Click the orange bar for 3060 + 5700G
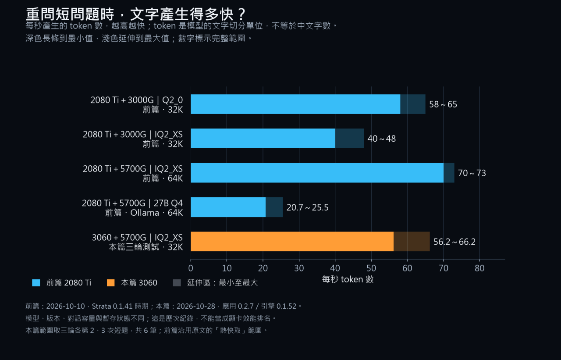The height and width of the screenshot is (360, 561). [292, 242]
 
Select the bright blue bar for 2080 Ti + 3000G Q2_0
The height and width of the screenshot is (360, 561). [295, 104]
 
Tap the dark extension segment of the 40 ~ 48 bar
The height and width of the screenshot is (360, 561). [350, 138]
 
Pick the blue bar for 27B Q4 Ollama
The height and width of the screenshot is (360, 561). [228, 207]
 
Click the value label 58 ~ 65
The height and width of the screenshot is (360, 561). [443, 104]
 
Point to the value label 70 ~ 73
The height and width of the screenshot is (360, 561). [472, 173]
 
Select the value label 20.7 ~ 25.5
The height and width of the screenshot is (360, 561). [307, 207]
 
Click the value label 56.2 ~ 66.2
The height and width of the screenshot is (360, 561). [454, 242]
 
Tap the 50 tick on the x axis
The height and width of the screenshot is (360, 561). [371, 268]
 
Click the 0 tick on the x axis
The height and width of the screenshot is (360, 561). [191, 268]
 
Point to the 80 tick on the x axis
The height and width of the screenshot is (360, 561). [479, 268]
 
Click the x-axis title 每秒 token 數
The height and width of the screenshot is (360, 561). [348, 279]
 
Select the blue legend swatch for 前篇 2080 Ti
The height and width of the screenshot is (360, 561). [36, 283]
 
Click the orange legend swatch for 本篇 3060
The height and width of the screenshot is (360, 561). [111, 283]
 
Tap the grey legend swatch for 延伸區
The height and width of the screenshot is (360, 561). [177, 283]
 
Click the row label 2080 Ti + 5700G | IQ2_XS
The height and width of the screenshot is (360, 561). [133, 169]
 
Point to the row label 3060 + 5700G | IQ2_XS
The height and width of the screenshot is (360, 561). [137, 238]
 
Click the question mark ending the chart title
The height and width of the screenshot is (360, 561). [242, 14]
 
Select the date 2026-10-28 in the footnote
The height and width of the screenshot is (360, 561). [196, 306]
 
